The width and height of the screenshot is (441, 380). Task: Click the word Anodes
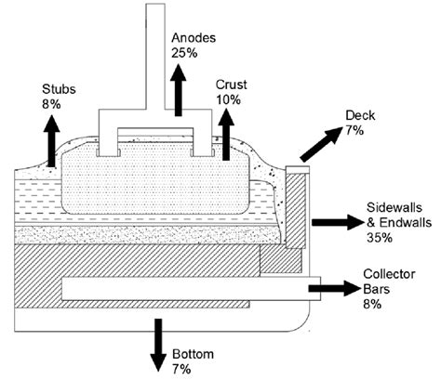coord(194,38)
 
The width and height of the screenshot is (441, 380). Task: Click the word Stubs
coord(59,90)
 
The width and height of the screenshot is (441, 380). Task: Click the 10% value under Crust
coord(228,98)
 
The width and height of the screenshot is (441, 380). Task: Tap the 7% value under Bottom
coord(182,369)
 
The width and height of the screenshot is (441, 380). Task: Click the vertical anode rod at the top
coord(155,56)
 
